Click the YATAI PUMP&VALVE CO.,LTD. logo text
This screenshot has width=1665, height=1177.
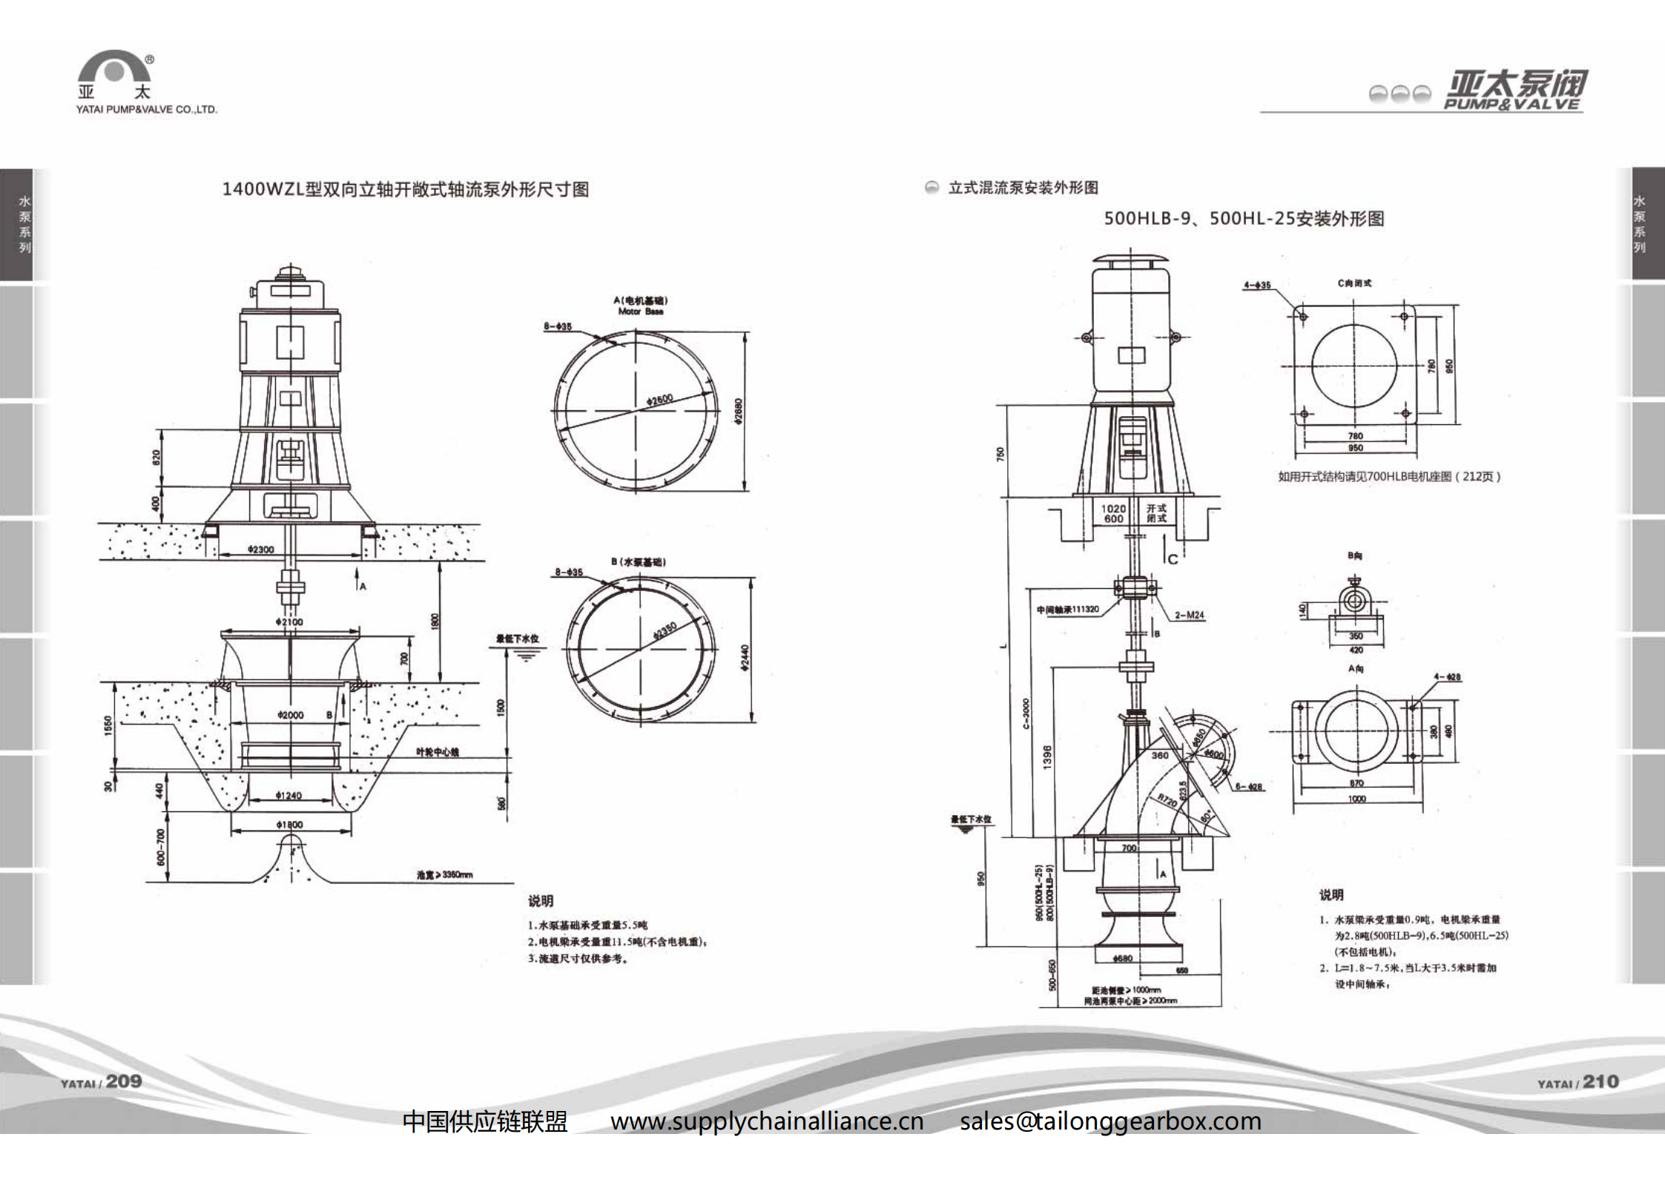point(146,110)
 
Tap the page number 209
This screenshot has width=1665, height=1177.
point(123,1081)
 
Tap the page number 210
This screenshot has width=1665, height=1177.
point(1600,1081)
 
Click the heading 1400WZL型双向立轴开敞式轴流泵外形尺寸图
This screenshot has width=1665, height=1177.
point(406,189)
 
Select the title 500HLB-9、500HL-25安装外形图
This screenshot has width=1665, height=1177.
point(1244,219)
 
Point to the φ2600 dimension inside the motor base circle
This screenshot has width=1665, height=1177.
point(659,400)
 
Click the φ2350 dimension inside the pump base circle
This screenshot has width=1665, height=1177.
point(665,630)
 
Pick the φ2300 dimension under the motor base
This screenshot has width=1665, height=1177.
point(260,550)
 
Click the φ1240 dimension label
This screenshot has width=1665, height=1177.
point(289,796)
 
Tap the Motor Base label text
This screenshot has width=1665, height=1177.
point(641,311)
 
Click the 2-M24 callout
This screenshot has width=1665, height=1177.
point(1189,616)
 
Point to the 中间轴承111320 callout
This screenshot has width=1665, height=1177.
point(1067,610)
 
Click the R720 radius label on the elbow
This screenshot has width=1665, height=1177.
point(1167,800)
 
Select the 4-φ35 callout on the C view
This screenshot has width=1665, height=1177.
point(1257,285)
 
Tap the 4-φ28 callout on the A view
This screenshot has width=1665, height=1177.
point(1447,676)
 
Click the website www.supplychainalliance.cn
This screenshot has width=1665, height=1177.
point(767,1121)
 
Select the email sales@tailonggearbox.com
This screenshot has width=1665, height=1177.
point(1110,1121)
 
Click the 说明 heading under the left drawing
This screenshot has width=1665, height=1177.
point(541,901)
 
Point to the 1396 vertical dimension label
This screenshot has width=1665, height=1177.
point(1047,757)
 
